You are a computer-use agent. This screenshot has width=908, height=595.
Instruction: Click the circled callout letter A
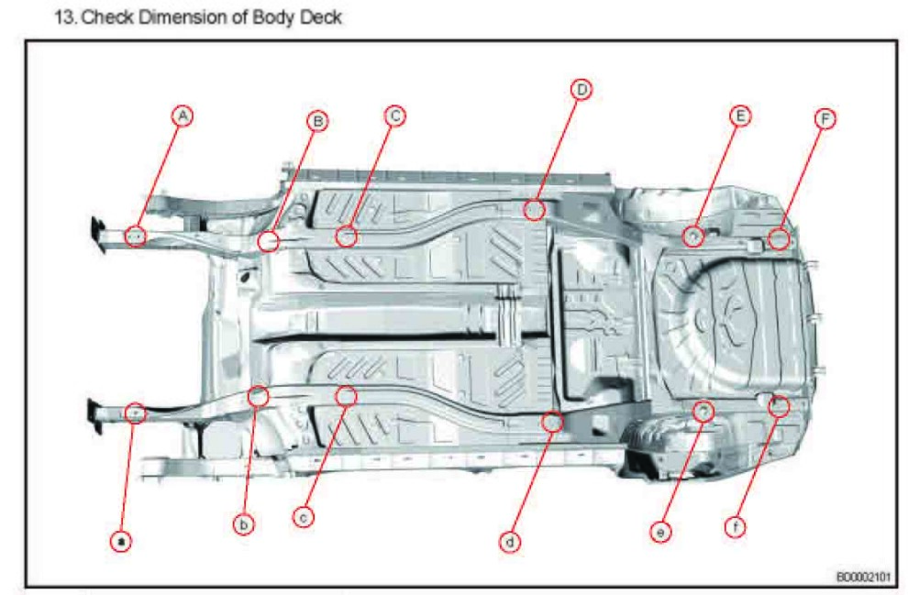coord(184,116)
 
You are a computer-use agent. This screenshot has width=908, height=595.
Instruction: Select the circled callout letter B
coord(317,120)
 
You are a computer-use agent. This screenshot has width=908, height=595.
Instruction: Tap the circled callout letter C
coord(395,116)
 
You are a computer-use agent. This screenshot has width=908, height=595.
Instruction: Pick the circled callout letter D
coord(581,89)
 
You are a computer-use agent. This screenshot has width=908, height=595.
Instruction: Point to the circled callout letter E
coord(740,116)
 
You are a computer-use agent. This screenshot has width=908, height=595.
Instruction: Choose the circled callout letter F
coord(825,119)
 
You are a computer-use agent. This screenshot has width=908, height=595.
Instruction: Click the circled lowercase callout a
coord(120,541)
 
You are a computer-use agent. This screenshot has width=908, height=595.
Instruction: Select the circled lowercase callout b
coord(242,524)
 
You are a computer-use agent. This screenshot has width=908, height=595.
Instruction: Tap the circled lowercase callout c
coord(305,517)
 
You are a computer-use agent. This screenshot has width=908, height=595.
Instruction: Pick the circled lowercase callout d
coord(510,541)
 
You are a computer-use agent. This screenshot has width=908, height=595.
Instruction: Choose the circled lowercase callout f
coord(735,527)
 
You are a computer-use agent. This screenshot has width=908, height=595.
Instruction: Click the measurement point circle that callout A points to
coord(135,236)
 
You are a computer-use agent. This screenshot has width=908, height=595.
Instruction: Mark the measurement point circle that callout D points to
coord(534,209)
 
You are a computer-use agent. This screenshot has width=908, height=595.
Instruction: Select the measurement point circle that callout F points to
coord(779,238)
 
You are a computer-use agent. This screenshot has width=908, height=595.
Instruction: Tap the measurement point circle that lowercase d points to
coord(551,421)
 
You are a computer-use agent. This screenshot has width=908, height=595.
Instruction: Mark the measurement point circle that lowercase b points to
coord(259,396)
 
